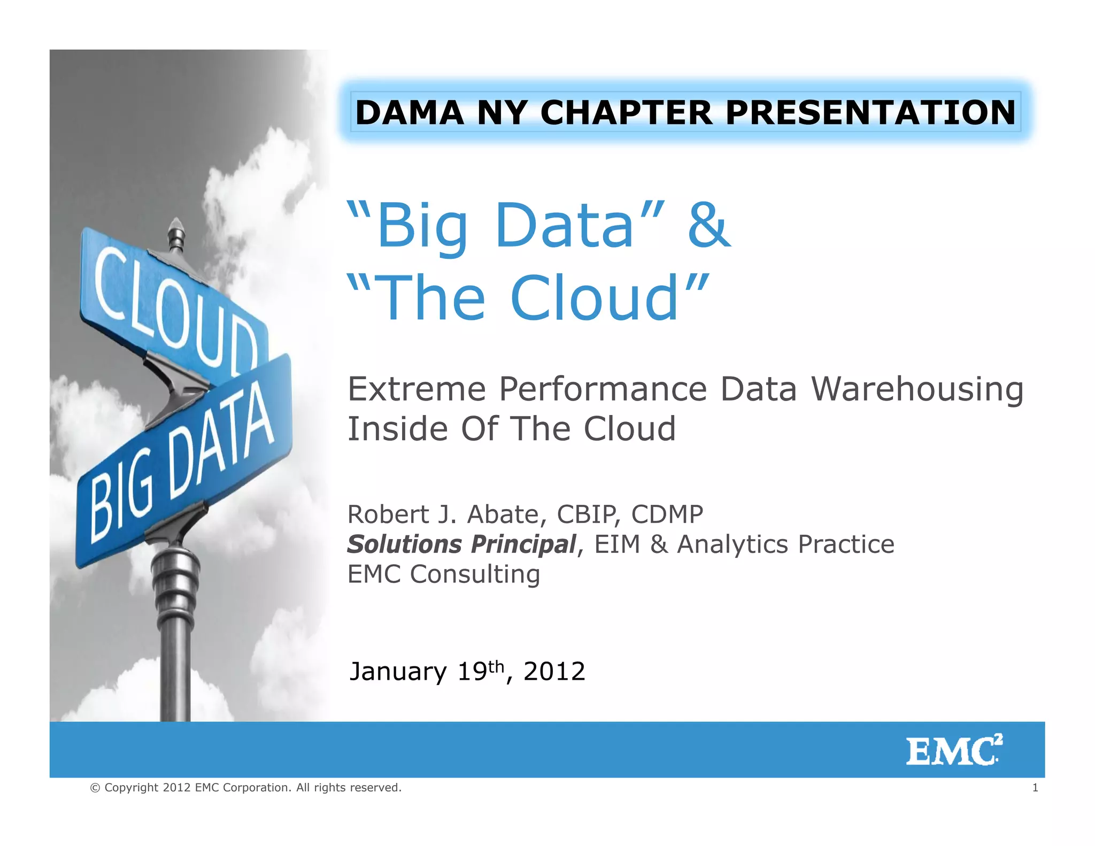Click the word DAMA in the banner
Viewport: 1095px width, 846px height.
(x=410, y=113)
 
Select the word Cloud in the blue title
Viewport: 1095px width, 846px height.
(x=594, y=298)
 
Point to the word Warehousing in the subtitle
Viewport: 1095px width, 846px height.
(x=917, y=389)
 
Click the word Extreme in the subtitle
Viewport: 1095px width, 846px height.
(x=417, y=389)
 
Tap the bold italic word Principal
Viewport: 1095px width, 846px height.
(x=523, y=544)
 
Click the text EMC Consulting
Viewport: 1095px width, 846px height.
(x=444, y=574)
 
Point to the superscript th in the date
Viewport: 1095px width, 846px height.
(x=496, y=666)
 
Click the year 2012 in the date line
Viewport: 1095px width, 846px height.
(x=554, y=672)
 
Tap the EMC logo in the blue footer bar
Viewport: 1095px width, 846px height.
(x=954, y=750)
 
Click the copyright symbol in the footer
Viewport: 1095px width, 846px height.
(x=95, y=788)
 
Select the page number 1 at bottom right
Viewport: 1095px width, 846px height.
(x=1035, y=788)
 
